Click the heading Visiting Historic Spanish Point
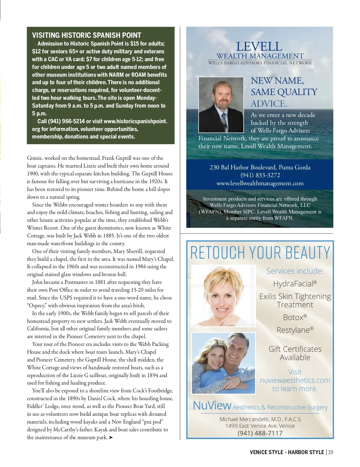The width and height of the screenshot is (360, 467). pyautogui.click(x=86, y=35)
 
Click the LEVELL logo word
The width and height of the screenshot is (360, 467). pyautogui.click(x=259, y=47)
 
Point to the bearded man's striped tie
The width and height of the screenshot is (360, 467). pyautogui.click(x=224, y=121)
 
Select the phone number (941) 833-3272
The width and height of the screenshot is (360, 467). pyautogui.click(x=260, y=175)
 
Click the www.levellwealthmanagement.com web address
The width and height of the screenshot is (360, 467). pyautogui.click(x=260, y=183)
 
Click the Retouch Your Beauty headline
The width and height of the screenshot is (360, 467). pyautogui.click(x=260, y=252)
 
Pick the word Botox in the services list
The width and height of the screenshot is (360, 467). pyautogui.click(x=293, y=317)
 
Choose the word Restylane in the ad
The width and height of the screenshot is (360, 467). pyautogui.click(x=293, y=330)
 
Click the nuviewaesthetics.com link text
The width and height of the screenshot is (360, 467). pyautogui.click(x=295, y=380)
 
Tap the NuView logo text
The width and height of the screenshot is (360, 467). pyautogui.click(x=212, y=406)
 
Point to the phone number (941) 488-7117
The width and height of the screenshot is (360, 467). pyautogui.click(x=260, y=433)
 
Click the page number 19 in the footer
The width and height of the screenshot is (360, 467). pyautogui.click(x=330, y=452)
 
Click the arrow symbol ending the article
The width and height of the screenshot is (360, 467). pyautogui.click(x=111, y=438)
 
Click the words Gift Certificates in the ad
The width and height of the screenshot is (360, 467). pyautogui.click(x=295, y=349)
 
